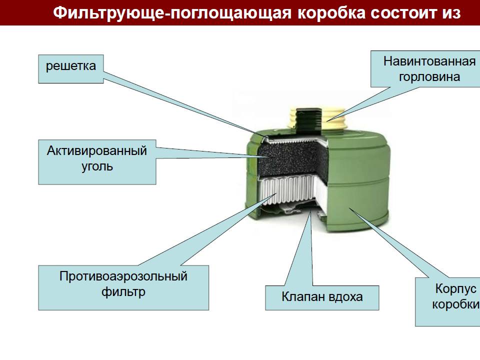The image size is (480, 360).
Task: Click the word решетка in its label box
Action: tap(70, 66)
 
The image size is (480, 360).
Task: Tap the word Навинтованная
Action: tap(429, 61)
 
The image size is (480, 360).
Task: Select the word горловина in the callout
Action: tap(429, 77)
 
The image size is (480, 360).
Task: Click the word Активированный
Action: tap(97, 151)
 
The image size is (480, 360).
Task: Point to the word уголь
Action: tap(97, 166)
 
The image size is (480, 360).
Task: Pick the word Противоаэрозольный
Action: tap(123, 276)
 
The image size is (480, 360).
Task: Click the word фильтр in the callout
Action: tap(123, 291)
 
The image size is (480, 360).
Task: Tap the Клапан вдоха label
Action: tap(322, 297)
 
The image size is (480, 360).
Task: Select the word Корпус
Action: tap(455, 289)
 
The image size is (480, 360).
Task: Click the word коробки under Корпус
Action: tap(456, 304)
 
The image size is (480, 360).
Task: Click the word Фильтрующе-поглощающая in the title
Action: tap(172, 13)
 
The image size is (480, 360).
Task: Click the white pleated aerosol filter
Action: tap(288, 191)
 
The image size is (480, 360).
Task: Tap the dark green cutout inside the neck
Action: tap(308, 119)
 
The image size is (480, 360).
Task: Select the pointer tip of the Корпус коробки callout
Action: tap(349, 208)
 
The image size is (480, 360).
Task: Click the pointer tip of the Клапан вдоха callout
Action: tap(310, 211)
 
